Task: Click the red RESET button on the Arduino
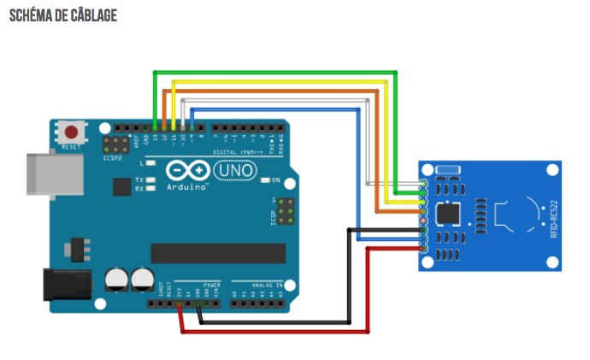pos(72,133)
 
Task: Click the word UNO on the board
pos(233,171)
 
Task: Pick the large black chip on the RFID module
pos(447,214)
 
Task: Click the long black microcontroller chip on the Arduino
pos(218,253)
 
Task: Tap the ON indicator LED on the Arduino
pos(264,180)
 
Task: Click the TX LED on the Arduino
pos(150,180)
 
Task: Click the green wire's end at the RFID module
pos(423,182)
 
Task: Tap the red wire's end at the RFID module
pos(423,249)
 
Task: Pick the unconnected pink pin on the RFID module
pos(423,221)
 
